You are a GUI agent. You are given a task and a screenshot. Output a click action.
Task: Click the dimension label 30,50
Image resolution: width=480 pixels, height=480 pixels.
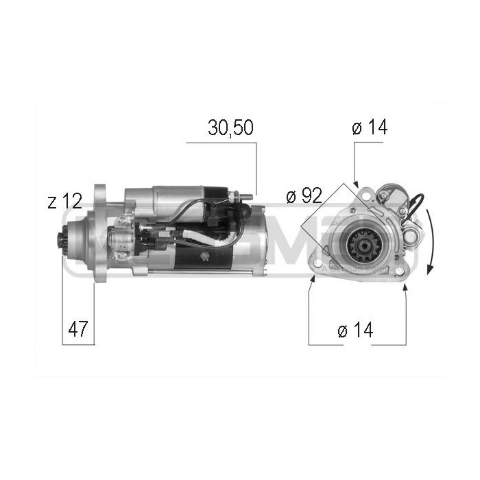point(231,128)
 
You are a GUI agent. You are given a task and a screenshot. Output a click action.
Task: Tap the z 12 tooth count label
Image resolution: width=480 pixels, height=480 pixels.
point(65,201)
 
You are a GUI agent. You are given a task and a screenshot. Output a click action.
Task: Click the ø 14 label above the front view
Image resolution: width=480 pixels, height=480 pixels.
point(369,128)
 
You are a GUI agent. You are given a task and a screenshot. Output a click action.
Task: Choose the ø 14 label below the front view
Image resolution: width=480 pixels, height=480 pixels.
point(355,330)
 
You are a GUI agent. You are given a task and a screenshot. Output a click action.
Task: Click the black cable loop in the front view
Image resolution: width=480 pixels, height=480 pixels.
point(415,203)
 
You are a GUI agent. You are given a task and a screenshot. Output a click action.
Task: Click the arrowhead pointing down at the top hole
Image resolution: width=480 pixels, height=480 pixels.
point(355,182)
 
